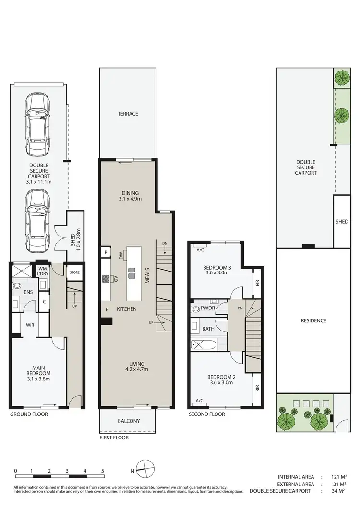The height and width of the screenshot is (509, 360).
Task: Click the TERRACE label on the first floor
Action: coord(128,114)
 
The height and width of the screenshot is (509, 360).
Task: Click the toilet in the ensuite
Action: coord(17,285)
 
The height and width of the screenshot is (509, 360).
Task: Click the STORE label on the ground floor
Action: coord(75,272)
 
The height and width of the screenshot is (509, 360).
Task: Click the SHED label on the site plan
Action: coord(342,222)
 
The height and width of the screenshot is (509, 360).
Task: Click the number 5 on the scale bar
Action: coord(103,471)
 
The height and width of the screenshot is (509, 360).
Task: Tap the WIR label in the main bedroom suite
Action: coord(30,325)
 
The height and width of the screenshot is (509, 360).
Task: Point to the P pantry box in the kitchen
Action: coord(105,252)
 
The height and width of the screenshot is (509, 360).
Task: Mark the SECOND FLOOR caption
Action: coord(207,414)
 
